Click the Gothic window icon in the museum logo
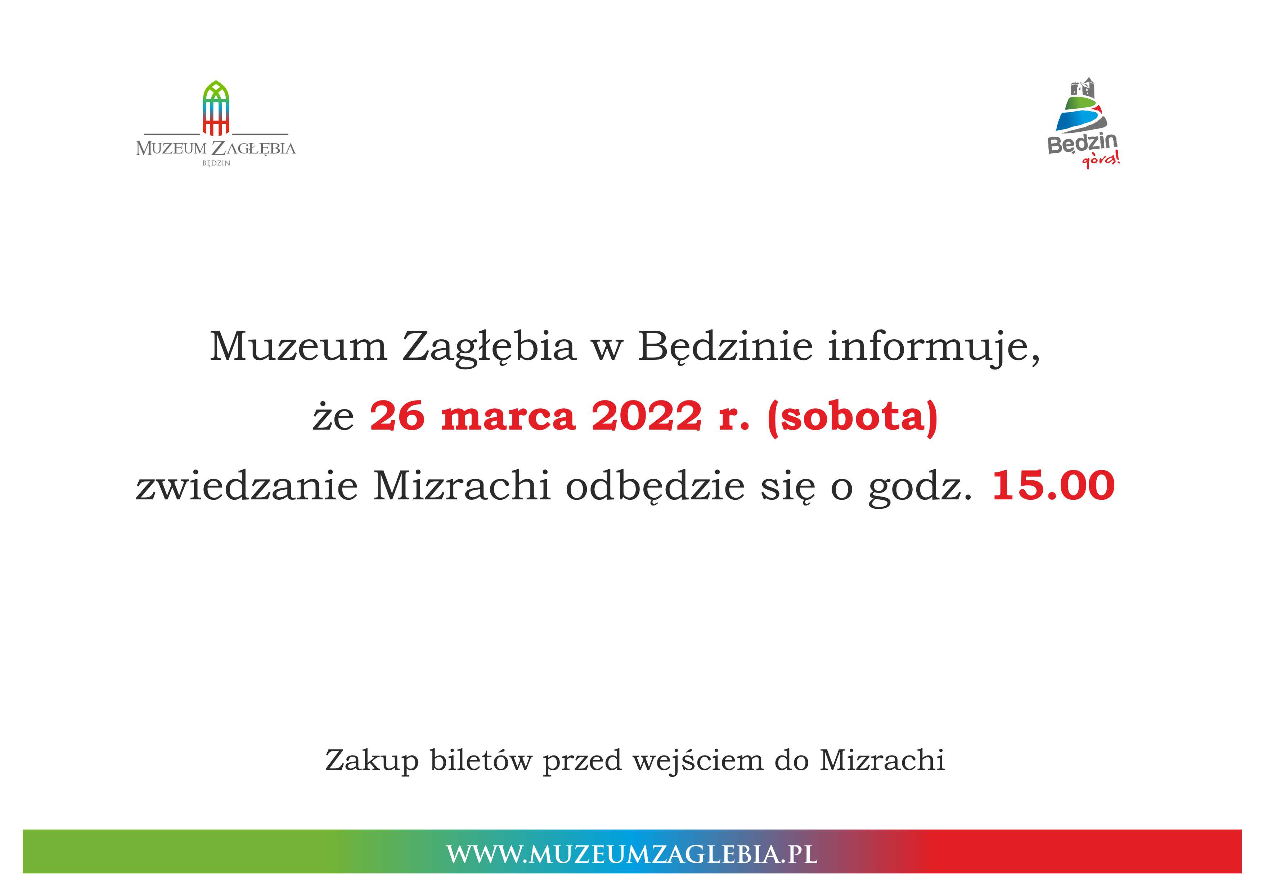click(216, 108)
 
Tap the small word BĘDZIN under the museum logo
click(216, 163)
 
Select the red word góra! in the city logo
click(1100, 160)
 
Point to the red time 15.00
click(1053, 486)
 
